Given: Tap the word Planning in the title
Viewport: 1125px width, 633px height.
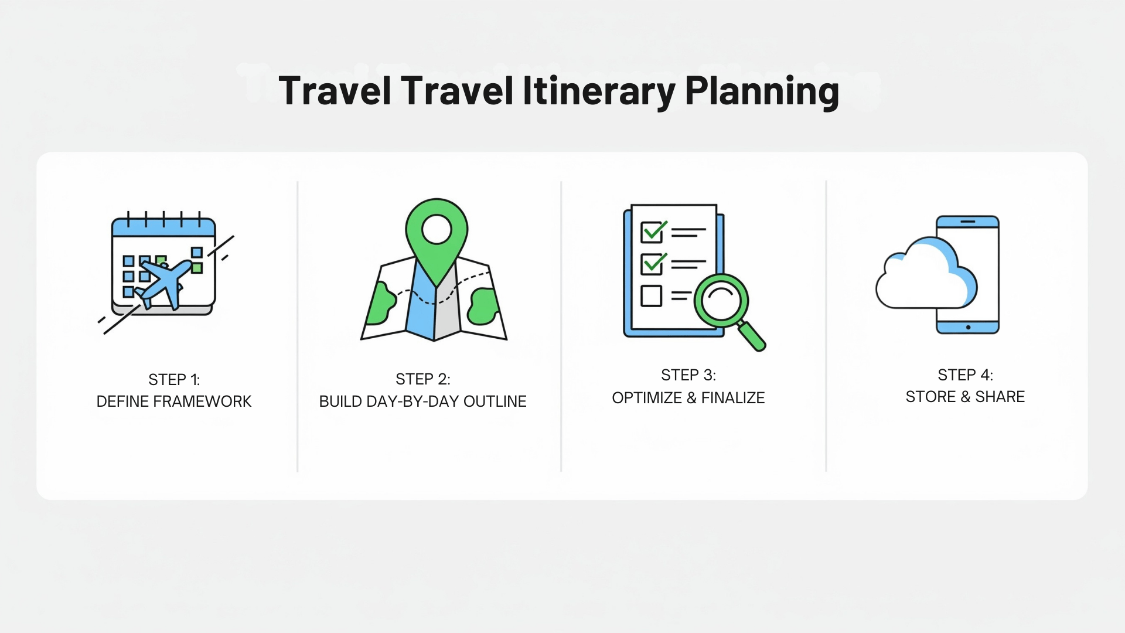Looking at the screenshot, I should (762, 92).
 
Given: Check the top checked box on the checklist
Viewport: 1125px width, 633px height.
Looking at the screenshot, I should (652, 232).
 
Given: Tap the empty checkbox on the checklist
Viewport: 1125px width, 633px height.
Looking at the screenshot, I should (651, 296).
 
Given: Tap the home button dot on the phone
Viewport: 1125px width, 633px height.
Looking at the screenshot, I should (968, 327).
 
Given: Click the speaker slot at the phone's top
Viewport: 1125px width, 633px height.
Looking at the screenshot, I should (968, 222).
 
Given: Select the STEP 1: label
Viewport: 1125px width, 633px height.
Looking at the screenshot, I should (174, 380).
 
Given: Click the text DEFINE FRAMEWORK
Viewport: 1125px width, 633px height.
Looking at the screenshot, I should (174, 401).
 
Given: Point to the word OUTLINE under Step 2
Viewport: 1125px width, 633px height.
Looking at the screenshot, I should (495, 401).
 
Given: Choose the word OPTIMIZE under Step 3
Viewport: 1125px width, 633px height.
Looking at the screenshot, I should (646, 398).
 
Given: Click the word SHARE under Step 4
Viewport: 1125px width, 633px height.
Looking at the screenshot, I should (1000, 397).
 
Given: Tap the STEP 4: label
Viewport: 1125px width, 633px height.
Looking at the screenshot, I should (965, 375).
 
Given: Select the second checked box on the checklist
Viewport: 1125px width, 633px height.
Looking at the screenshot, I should (652, 264).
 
